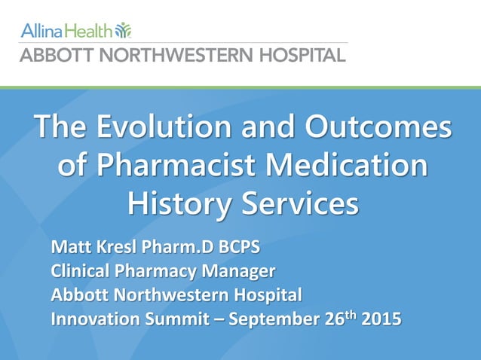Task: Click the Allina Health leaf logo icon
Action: click(x=123, y=30)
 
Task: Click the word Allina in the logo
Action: click(x=41, y=31)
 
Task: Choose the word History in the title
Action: click(x=170, y=203)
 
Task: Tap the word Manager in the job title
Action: click(x=240, y=271)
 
